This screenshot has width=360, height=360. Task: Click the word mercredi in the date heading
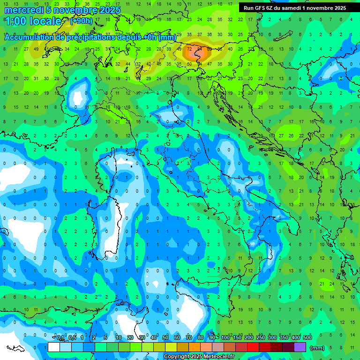pyautogui.click(x=22, y=10)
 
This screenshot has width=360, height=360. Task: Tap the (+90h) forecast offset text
pyautogui.click(x=81, y=21)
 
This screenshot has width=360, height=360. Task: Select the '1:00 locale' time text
pyautogui.click(x=33, y=21)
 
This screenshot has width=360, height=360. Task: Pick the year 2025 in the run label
pyautogui.click(x=337, y=8)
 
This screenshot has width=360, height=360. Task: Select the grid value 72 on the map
pyautogui.click(x=189, y=48)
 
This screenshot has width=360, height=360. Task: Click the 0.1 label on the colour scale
pyautogui.click(x=60, y=338)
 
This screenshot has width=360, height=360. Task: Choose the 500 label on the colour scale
pyautogui.click(x=307, y=338)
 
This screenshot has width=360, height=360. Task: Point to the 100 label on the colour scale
pyautogui.click(x=225, y=338)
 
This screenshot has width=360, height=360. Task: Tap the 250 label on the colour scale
pyautogui.click(x=261, y=338)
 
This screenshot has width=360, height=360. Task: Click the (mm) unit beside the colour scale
pyautogui.click(x=317, y=348)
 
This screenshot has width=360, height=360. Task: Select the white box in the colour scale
pyautogui.click(x=53, y=347)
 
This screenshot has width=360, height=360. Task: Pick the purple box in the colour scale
pyautogui.click(x=300, y=347)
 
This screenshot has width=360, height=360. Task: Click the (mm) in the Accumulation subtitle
pyautogui.click(x=167, y=37)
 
